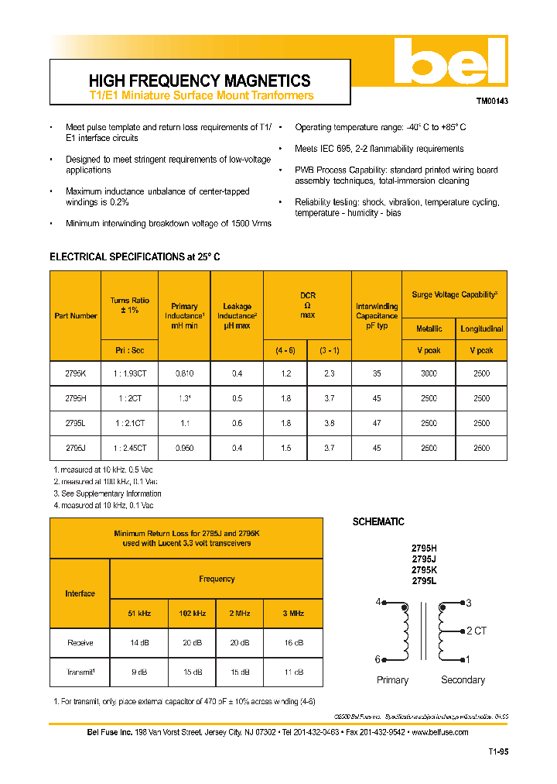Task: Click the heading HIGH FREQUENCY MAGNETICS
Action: [x=200, y=81]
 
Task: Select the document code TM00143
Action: [x=491, y=101]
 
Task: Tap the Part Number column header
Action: [x=75, y=316]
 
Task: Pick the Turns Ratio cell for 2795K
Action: [x=129, y=373]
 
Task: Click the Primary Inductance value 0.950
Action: [x=184, y=448]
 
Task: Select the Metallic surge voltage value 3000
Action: [x=429, y=373]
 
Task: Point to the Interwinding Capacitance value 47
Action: [x=376, y=423]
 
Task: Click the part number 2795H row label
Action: [x=75, y=398]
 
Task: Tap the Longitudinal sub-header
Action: [x=481, y=328]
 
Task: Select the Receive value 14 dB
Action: [x=140, y=643]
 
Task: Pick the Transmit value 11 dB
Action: [x=294, y=672]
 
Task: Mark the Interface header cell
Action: [x=80, y=593]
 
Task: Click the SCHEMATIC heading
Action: [x=378, y=522]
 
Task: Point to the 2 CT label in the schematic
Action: [x=476, y=631]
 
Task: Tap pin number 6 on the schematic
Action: [x=378, y=660]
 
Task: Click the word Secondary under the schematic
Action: [x=463, y=680]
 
